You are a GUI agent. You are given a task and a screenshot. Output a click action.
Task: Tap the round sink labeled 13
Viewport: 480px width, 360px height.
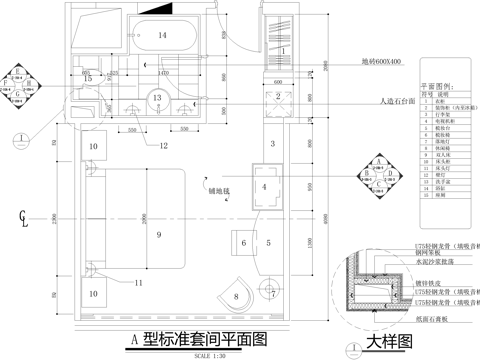157,98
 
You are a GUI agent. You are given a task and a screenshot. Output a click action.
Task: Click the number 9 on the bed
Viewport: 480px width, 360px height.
157,234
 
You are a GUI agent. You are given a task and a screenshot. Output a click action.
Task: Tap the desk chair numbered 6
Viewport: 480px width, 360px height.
244,242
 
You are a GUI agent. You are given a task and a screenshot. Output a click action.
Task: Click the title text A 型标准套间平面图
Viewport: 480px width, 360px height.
200,340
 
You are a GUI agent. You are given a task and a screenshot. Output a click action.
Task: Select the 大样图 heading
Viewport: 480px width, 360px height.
389,342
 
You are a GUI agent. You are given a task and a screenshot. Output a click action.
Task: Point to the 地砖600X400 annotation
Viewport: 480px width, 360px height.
383,62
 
